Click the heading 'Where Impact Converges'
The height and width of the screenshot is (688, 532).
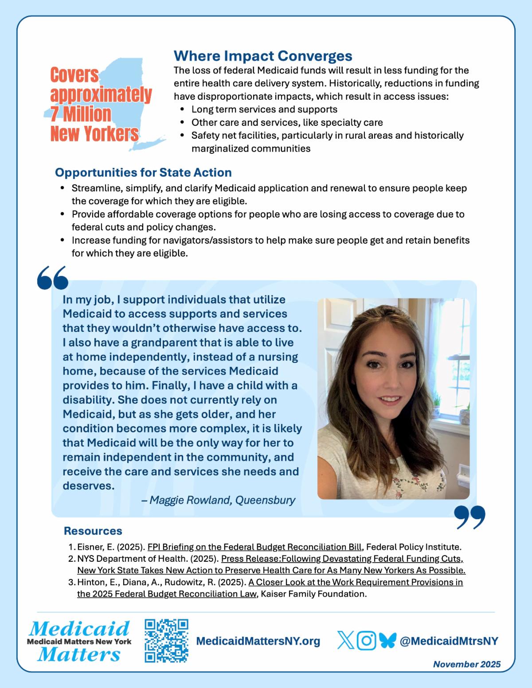263,56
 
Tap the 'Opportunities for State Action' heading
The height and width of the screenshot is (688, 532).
143,172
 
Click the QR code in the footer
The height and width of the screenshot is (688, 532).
167,641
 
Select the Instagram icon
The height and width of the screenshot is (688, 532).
367,641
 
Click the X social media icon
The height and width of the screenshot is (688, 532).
346,641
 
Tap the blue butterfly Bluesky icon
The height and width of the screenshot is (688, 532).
387,641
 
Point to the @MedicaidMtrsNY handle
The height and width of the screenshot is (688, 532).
449,641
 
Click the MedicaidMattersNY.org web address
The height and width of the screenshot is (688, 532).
258,641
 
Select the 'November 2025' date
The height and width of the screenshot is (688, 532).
467,664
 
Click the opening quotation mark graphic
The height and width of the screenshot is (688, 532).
53,278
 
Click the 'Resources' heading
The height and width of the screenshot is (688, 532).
93,531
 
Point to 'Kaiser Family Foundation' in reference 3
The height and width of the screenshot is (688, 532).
314,594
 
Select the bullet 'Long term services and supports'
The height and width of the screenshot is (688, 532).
264,109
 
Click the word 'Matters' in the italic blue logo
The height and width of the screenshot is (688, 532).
79,654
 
